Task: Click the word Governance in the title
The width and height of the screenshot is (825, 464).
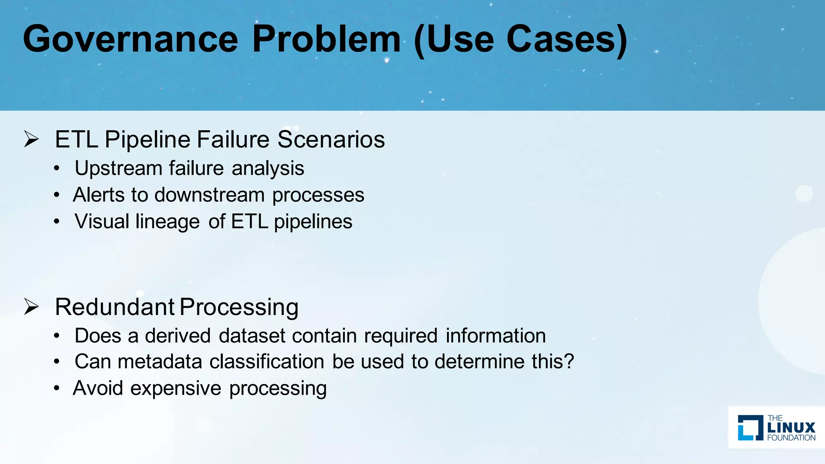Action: [x=131, y=39]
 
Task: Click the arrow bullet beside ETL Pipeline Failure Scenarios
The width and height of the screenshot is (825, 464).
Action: [x=31, y=139]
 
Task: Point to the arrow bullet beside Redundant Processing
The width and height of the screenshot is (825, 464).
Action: [x=31, y=307]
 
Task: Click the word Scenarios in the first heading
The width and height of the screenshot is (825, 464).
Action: [x=331, y=139]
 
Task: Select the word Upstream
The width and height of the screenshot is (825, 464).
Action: [x=118, y=168]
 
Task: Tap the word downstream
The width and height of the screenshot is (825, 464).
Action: [x=209, y=195]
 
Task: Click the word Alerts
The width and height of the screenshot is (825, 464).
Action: [x=99, y=195]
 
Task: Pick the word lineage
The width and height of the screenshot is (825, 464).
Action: [x=168, y=222]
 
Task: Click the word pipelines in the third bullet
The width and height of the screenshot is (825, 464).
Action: [x=313, y=222]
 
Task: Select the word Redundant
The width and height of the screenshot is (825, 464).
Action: [x=114, y=307]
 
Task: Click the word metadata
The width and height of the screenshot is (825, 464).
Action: [x=160, y=361]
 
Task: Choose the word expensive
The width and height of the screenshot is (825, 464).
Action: [x=176, y=388]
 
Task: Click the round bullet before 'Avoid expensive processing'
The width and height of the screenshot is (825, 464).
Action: [x=57, y=388]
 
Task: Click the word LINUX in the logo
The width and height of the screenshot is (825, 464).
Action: [x=791, y=428]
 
